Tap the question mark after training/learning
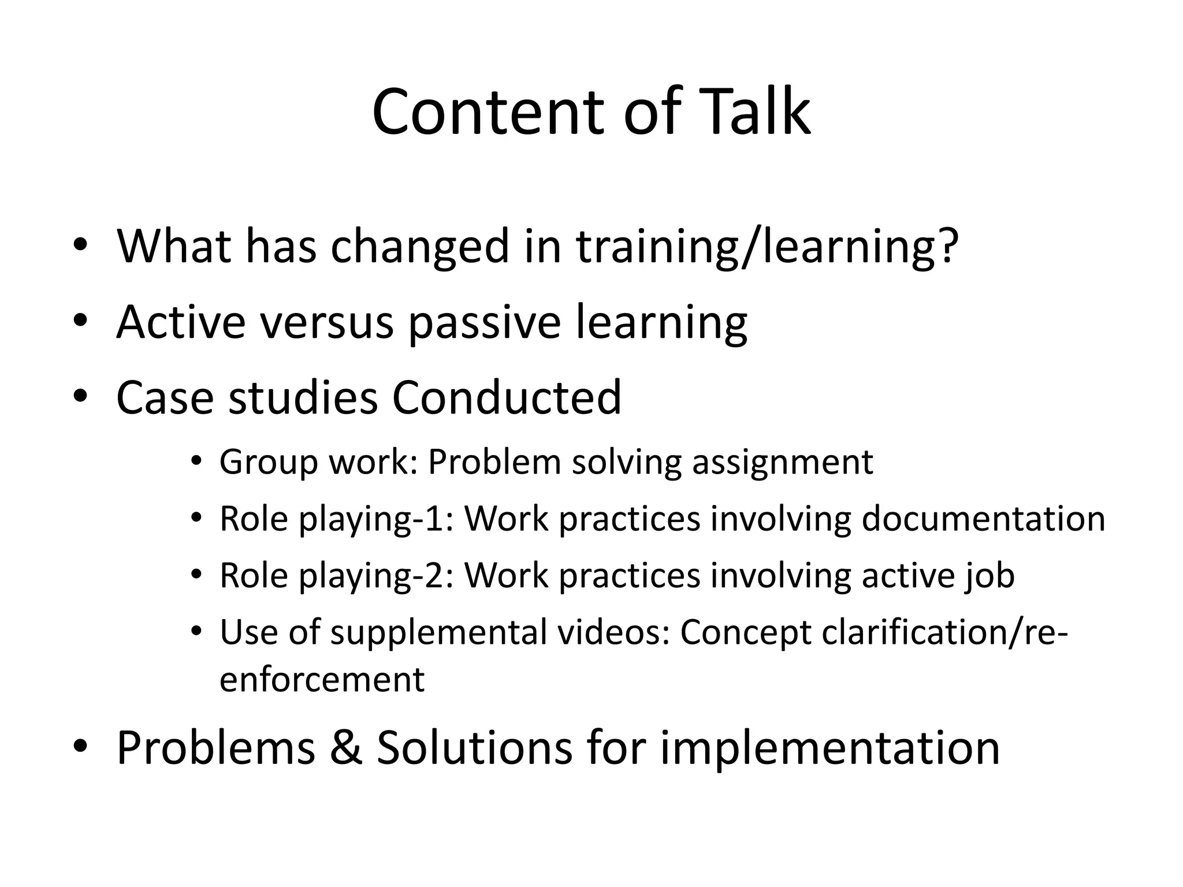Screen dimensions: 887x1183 pos(946,245)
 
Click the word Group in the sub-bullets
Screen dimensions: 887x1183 pos(269,463)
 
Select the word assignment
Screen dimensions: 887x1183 pos(782,463)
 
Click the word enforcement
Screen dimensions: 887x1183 pos(322,679)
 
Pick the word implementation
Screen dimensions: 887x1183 pos(829,748)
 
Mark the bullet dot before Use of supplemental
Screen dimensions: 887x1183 pos(196,632)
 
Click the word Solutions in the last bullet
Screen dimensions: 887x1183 pos(474,747)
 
